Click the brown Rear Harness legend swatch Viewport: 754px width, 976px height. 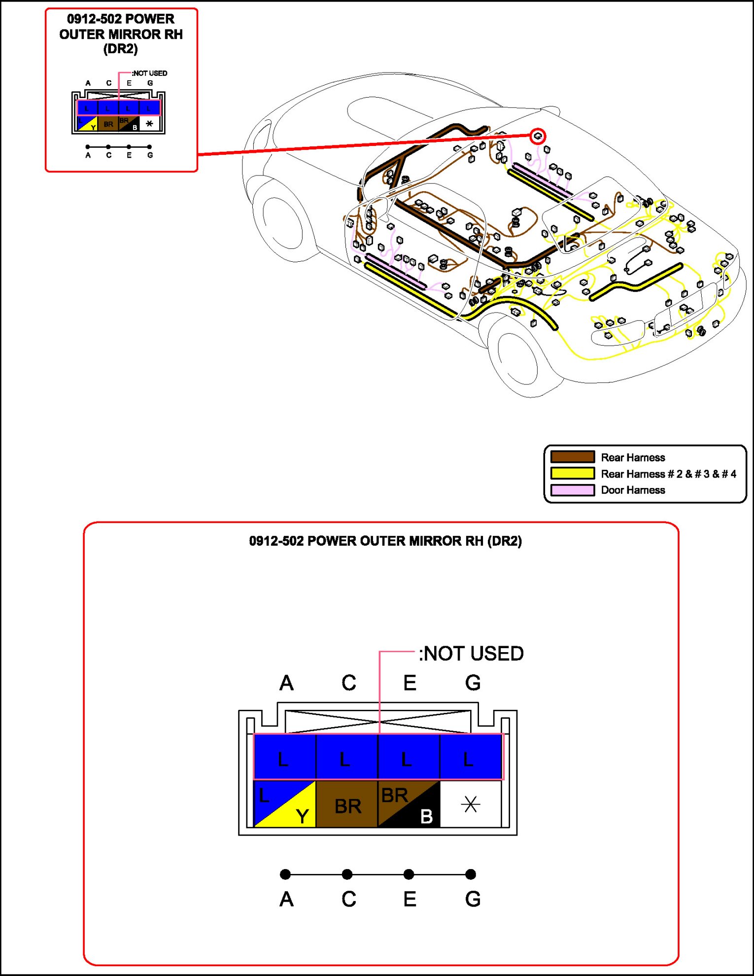tap(572, 457)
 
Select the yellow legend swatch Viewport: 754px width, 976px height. tap(572, 473)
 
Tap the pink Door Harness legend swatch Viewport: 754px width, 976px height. tap(572, 489)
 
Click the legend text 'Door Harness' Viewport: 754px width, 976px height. tap(633, 490)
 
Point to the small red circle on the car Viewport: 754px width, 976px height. tap(538, 136)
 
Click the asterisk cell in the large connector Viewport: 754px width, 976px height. tap(471, 804)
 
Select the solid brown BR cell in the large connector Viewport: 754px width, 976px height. tap(347, 804)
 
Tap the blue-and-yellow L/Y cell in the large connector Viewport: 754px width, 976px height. tap(284, 804)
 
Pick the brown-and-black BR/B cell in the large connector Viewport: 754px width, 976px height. tap(409, 804)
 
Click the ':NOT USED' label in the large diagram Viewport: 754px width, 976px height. tap(471, 654)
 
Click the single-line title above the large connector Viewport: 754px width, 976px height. tap(385, 541)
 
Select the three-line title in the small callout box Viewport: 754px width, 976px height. tap(121, 34)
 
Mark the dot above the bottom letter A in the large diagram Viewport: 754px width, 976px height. tap(285, 874)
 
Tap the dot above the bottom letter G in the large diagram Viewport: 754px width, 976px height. tap(471, 874)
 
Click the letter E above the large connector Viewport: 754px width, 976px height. tap(410, 683)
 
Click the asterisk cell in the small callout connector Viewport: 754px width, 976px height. tap(149, 124)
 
